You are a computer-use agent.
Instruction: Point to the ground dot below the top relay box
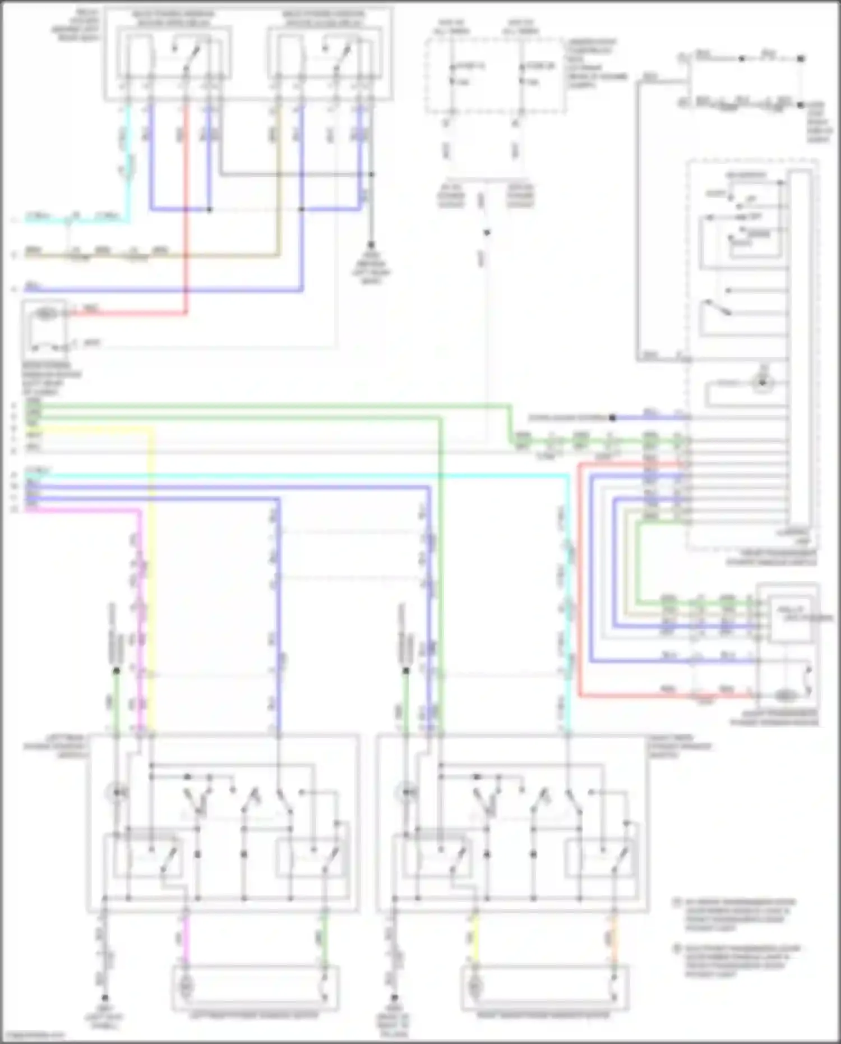[371, 245]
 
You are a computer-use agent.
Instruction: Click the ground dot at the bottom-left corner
[104, 998]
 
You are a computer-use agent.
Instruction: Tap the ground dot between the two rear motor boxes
[394, 998]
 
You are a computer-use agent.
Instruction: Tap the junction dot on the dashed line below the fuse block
[487, 232]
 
